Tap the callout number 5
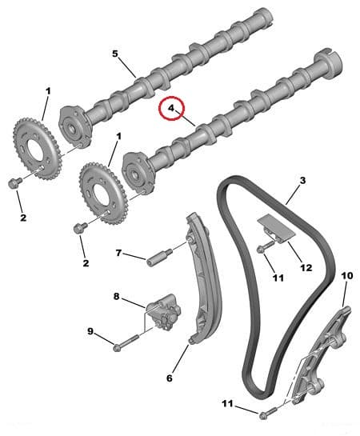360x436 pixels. pos(114,54)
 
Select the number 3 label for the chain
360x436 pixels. pos(302,182)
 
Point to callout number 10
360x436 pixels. pos(346,276)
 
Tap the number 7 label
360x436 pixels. pos(118,253)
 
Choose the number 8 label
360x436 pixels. pos(116,297)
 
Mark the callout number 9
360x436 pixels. pos(90,331)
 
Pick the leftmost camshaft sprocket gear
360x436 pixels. pos(34,149)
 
